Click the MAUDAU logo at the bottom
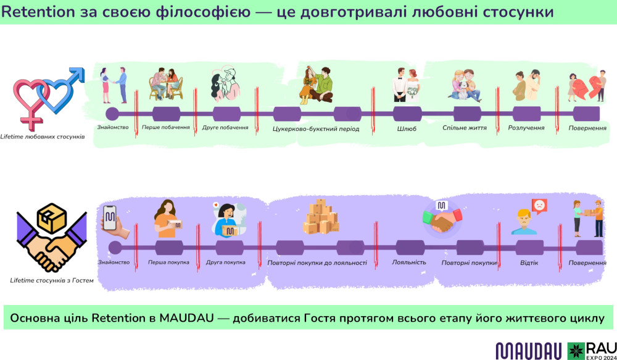coord(529,350)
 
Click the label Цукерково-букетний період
coord(315,128)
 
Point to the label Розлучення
coord(526,128)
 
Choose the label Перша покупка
coord(168,262)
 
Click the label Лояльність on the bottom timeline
coord(409,262)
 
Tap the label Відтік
coord(529,262)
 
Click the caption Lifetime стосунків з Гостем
coord(51,280)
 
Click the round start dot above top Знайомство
coord(112,114)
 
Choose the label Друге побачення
coord(225,128)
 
